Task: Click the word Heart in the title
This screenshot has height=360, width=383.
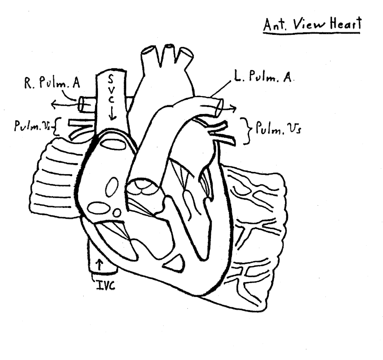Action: pos(345,24)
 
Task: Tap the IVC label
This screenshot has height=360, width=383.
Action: pos(105,285)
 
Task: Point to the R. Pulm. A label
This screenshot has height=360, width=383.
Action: pos(52,83)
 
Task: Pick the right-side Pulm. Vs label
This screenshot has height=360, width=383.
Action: pos(278,128)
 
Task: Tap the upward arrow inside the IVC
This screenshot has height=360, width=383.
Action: pos(99,265)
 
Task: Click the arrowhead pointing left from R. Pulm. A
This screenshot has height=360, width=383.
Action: pos(54,105)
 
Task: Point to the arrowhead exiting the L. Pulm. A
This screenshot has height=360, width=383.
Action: pos(233,108)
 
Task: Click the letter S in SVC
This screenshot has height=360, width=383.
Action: pos(111,79)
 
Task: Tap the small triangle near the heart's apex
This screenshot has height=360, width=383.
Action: pos(174,263)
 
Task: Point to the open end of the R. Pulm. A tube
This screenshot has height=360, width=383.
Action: pos(81,104)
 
